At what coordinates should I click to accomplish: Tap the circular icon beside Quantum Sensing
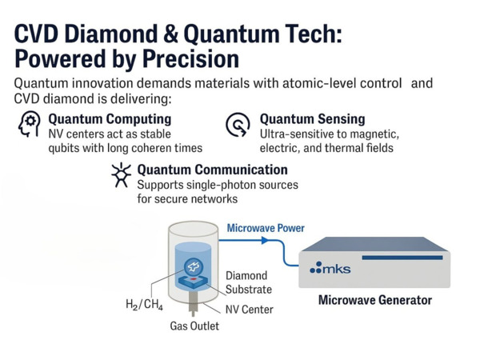coord(237,126)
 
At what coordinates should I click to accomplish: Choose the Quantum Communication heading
coord(212,170)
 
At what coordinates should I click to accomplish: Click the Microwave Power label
coord(266,228)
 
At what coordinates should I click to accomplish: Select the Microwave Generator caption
coord(374,301)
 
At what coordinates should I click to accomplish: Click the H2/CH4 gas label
coord(144,304)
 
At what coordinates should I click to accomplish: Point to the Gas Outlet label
coord(194,326)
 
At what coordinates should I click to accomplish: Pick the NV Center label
coord(249,310)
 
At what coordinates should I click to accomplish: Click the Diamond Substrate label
coord(248,282)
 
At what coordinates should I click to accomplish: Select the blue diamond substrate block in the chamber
coord(194,277)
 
